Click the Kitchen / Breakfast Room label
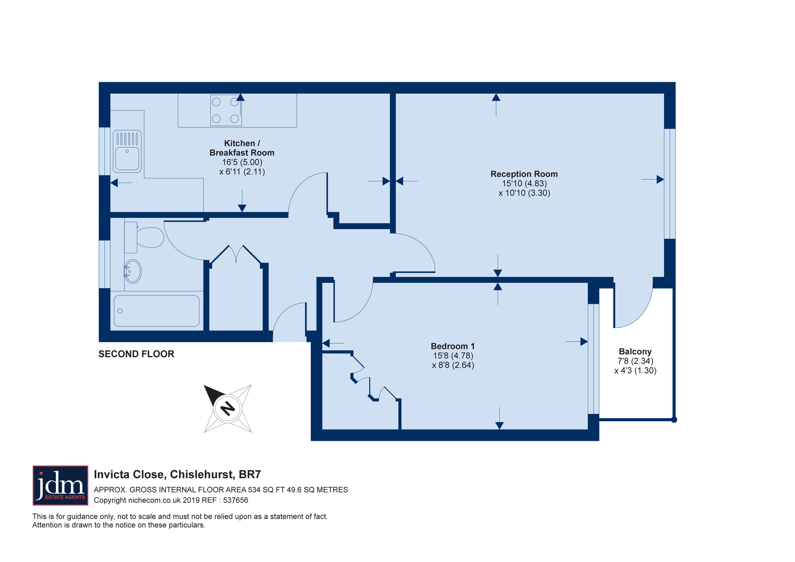(242, 148)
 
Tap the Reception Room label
(524, 174)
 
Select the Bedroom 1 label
(453, 346)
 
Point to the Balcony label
(635, 352)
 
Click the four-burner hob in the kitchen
(226, 110)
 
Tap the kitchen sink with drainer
(127, 151)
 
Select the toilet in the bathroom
(144, 237)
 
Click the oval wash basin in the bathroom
(133, 271)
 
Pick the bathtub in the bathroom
(157, 311)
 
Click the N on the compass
(228, 408)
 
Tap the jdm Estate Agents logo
(60, 485)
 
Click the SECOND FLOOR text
(136, 354)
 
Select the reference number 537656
(236, 500)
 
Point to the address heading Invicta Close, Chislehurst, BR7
(177, 475)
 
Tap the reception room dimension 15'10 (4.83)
(524, 184)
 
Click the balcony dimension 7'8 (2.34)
(635, 361)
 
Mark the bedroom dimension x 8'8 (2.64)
(453, 365)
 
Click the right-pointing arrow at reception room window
(653, 180)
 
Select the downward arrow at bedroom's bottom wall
(500, 418)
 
